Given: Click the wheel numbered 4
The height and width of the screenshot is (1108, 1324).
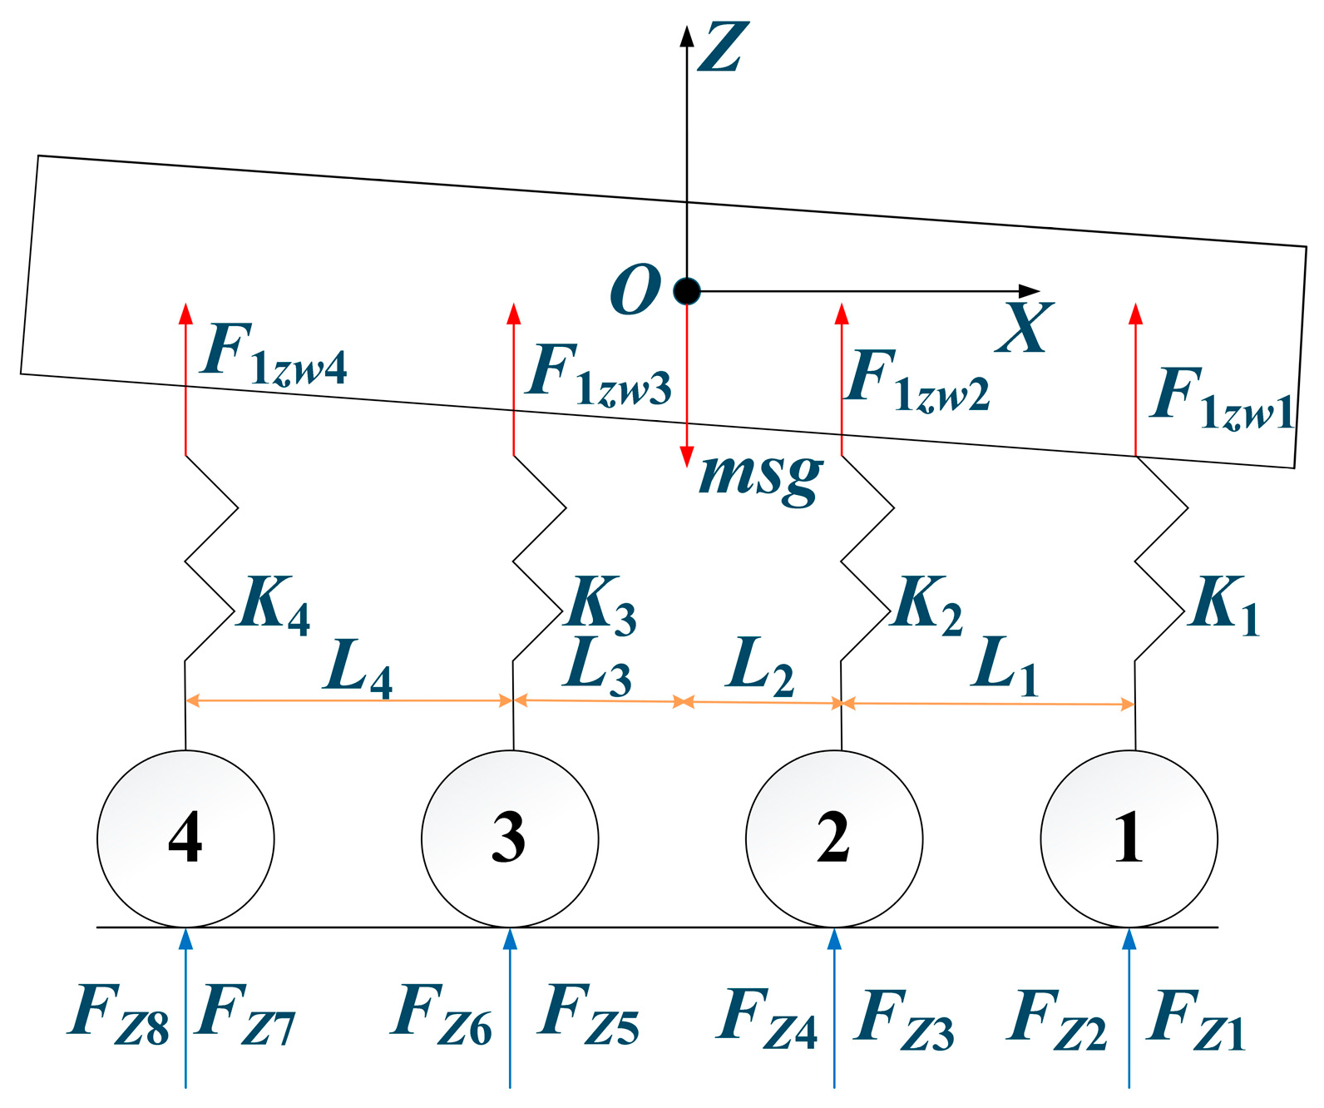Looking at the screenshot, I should click(185, 838).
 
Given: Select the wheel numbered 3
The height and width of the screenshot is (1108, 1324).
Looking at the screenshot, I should click(510, 838).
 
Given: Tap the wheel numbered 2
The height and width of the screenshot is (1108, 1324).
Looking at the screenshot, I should click(834, 838).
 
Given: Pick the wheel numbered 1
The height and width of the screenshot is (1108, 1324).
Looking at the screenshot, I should click(1129, 838).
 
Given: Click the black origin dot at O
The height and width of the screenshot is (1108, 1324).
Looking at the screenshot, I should click(687, 291).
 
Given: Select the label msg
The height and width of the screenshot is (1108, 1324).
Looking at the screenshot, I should click(761, 477).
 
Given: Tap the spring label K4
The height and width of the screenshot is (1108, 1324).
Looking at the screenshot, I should click(274, 604).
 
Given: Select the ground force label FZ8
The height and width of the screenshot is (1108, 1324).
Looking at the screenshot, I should click(119, 1014).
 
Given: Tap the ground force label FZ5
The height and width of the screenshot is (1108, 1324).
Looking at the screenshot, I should click(589, 1014).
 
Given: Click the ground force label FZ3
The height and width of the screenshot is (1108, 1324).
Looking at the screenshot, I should click(905, 1018).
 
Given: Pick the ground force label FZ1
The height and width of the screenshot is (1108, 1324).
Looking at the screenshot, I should click(1196, 1018).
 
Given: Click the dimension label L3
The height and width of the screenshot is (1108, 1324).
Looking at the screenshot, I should click(598, 667).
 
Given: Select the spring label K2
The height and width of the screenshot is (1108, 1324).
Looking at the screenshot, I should click(927, 604).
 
